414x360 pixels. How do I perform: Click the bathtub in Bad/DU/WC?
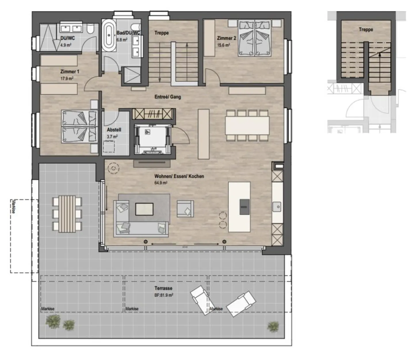(109, 35)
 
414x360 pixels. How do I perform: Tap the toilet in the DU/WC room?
(90, 28)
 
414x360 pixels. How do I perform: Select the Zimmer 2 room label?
(227, 38)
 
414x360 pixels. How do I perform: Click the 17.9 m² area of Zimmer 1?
(67, 78)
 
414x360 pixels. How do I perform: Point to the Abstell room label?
(114, 130)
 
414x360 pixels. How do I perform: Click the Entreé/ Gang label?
(168, 97)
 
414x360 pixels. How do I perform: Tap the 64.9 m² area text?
(161, 183)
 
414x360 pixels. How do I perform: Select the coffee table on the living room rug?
(144, 209)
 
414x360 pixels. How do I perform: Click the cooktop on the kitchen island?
(245, 207)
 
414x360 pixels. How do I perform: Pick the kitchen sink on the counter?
(277, 207)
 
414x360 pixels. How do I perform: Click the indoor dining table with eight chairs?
(247, 125)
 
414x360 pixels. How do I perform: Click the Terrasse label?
(163, 288)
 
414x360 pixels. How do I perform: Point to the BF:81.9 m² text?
(164, 295)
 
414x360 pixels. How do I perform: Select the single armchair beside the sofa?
(185, 209)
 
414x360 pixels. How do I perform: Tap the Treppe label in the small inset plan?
(366, 30)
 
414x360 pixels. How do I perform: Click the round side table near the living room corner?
(113, 168)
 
